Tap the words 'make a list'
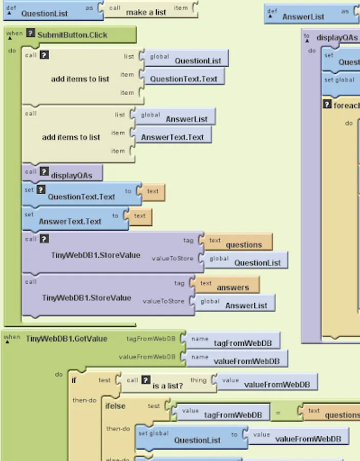coord(146,12)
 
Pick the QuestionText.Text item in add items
coord(183,79)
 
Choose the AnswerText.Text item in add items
coord(172,137)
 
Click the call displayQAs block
coord(71,175)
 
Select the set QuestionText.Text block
coord(81,196)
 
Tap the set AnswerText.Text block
coord(70,221)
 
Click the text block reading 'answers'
coord(232,287)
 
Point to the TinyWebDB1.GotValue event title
coord(67,339)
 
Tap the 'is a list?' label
coord(167,385)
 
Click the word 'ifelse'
coord(115,406)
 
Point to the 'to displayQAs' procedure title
coord(336,37)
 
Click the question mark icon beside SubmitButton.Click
coord(31,34)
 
